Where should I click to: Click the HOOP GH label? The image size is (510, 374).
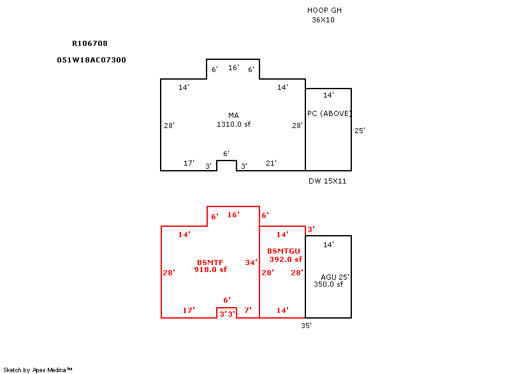tap(324, 10)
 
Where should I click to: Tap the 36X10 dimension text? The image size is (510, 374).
tap(323, 20)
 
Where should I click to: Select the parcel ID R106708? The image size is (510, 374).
tap(90, 43)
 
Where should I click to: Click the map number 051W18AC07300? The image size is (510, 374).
tap(91, 60)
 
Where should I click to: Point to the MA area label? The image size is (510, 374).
tap(233, 115)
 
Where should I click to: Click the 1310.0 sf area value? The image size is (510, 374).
tap(233, 124)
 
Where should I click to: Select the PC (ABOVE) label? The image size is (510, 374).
tap(329, 113)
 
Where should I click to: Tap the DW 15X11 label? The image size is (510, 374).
tap(328, 181)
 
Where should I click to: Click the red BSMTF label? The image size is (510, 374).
tap(210, 263)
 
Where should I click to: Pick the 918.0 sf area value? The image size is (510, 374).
tap(210, 270)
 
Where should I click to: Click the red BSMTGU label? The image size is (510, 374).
tap(284, 251)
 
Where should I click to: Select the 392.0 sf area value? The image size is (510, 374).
tap(286, 259)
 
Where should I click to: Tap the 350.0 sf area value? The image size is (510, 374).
tap(328, 284)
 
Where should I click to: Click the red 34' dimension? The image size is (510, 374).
tap(251, 263)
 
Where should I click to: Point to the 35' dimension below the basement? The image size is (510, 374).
tap(306, 326)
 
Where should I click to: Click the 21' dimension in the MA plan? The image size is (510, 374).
tap(272, 163)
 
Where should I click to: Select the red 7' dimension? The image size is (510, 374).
tap(248, 310)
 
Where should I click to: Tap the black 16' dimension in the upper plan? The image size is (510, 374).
tap(233, 68)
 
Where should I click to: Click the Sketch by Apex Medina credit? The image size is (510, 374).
tap(38, 370)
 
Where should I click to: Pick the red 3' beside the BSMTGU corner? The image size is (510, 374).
tap(311, 229)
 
